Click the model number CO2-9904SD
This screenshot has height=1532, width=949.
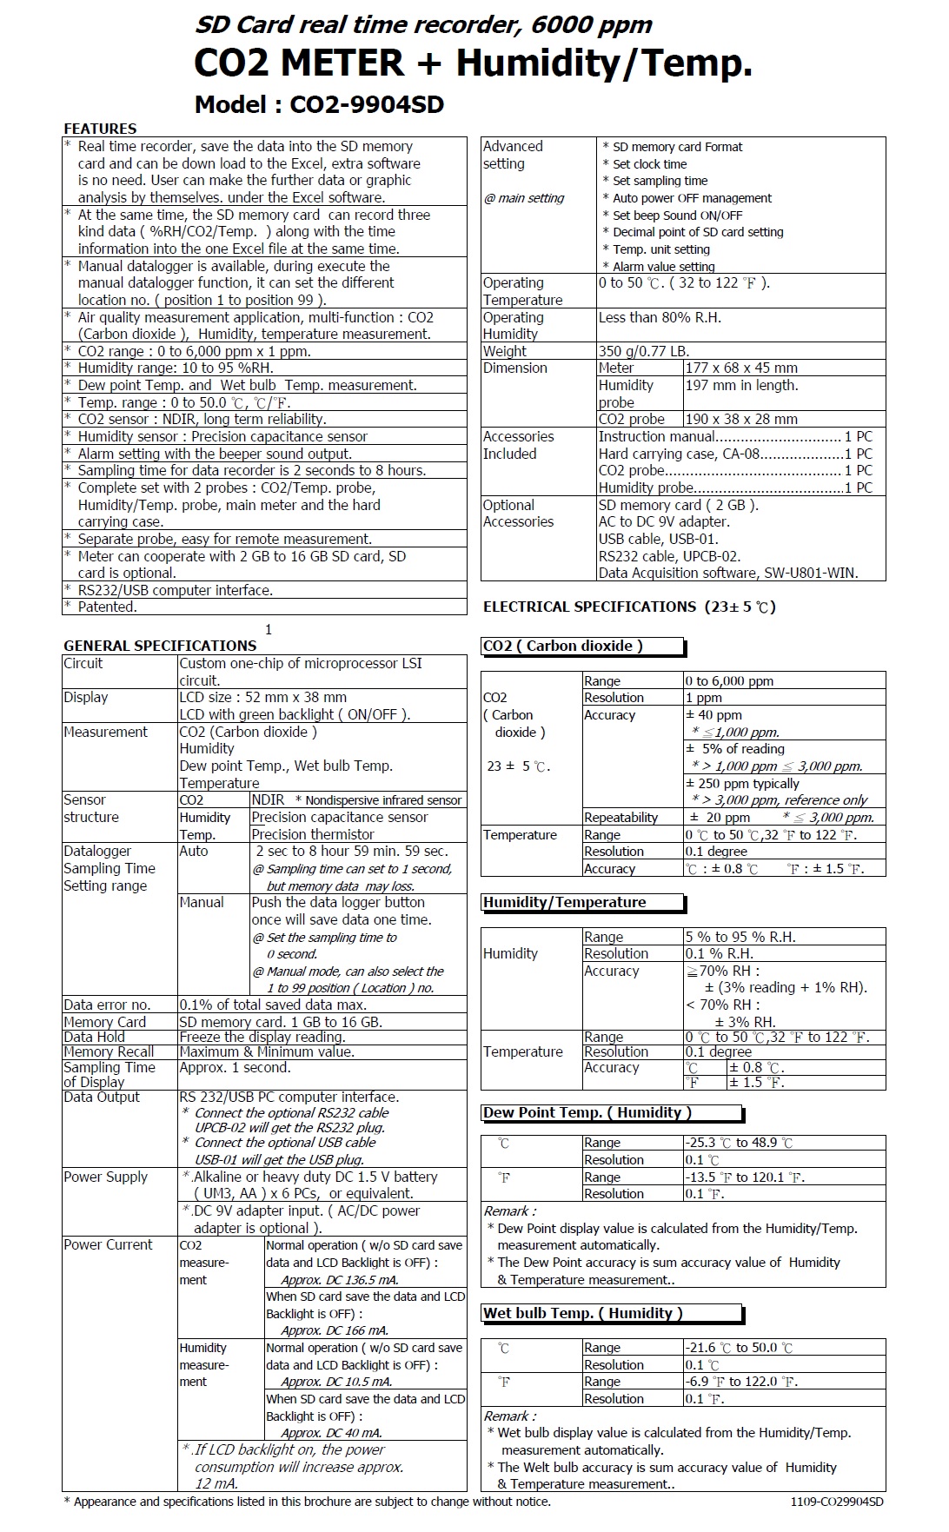click(x=366, y=105)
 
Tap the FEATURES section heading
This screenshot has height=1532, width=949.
click(x=100, y=129)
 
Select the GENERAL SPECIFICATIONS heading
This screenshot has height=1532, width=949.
click(x=160, y=646)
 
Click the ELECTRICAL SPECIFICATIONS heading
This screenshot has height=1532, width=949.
click(x=629, y=607)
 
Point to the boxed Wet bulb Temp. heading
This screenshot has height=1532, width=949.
click(x=583, y=1313)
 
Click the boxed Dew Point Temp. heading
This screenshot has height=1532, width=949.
click(x=587, y=1112)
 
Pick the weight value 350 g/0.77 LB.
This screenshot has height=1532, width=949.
click(x=644, y=351)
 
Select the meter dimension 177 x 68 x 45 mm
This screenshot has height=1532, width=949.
click(x=741, y=368)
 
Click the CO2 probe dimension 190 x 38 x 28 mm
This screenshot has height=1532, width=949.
click(x=741, y=419)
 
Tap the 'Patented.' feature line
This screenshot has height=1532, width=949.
click(x=108, y=607)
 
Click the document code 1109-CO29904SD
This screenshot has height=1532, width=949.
click(x=837, y=1502)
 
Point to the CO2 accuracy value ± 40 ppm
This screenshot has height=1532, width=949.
click(x=713, y=715)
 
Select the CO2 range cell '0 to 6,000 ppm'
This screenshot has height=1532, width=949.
click(x=729, y=681)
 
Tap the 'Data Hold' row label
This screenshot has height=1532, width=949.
click(x=94, y=1037)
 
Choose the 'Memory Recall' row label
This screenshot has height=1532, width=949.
click(x=109, y=1051)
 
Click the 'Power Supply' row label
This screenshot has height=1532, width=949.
click(x=106, y=1177)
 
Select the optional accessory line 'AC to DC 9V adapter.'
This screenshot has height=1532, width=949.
click(x=664, y=521)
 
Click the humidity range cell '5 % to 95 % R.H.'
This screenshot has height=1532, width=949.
click(x=740, y=937)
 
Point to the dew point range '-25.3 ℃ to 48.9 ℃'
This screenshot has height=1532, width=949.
click(x=739, y=1143)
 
